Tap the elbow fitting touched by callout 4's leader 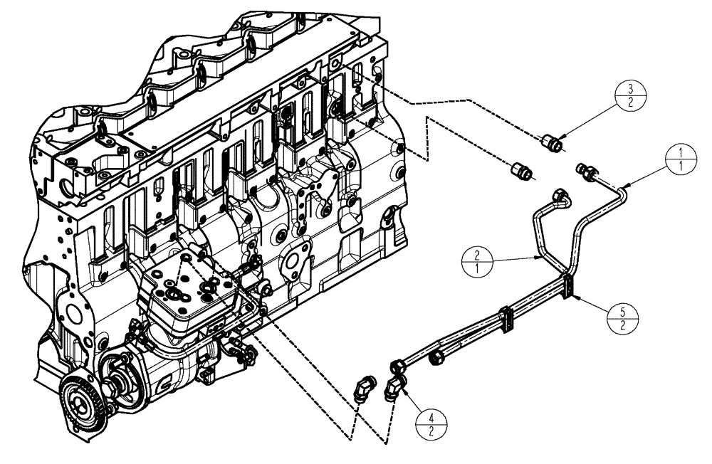coord(393,387)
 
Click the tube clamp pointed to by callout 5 coord(569,285)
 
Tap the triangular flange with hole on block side coord(294,257)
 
